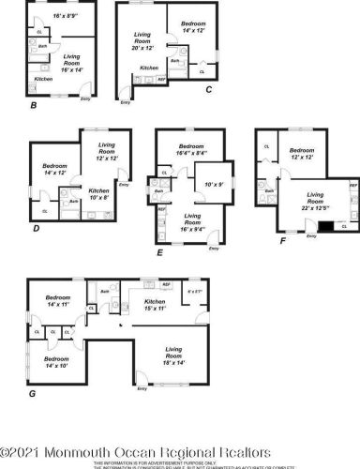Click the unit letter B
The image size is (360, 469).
click(x=33, y=105)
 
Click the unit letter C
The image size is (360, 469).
click(x=208, y=90)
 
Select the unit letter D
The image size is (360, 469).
click(x=35, y=227)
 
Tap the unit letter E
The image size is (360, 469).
click(x=160, y=252)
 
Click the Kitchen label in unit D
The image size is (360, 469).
click(x=99, y=190)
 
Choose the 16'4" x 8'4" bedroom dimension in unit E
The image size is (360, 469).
click(x=192, y=153)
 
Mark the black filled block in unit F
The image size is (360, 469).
click(x=324, y=225)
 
